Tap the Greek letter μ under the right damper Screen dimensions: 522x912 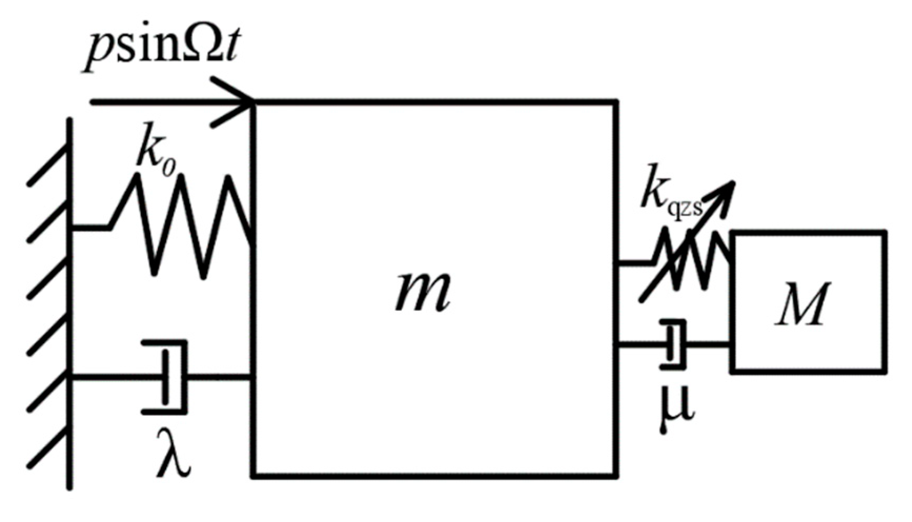coord(675,410)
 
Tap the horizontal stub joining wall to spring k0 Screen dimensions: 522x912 coord(89,228)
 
